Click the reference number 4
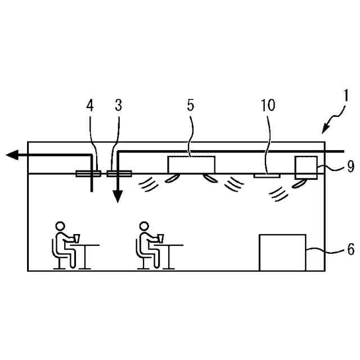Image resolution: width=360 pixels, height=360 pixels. click(89, 105)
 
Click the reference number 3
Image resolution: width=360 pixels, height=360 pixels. click(118, 105)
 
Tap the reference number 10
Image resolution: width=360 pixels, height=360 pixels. click(268, 105)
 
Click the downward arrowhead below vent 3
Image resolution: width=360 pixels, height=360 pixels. click(118, 198)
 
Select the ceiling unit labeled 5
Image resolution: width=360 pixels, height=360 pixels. click(191, 164)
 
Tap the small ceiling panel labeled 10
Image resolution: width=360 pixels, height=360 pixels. click(267, 175)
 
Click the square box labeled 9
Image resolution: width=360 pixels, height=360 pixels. click(306, 167)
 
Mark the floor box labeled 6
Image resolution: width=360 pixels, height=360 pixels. click(282, 252)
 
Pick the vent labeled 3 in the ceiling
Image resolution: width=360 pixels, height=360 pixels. click(119, 173)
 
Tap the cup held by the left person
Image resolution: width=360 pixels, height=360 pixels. click(76, 238)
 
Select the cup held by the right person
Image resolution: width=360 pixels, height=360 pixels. click(161, 238)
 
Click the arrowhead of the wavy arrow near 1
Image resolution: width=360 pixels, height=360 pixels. click(325, 130)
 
